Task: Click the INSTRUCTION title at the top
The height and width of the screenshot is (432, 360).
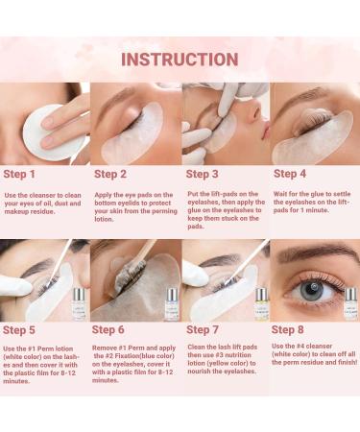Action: (x=180, y=59)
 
